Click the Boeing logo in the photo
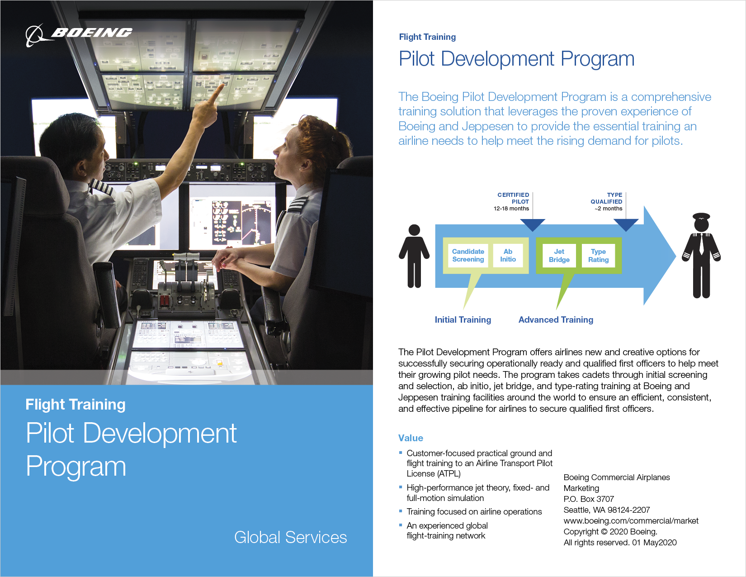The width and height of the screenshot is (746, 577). pos(79,34)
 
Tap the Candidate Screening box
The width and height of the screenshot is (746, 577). pos(468,256)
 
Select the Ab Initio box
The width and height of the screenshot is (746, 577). pos(508,256)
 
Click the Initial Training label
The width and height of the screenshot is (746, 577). pos(463,320)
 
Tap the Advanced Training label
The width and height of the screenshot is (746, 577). pos(556,320)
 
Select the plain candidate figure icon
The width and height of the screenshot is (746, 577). pos(414,256)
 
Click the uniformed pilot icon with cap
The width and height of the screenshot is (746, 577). pos(701,256)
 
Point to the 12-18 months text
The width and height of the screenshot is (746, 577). pos(511,209)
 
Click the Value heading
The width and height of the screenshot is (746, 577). pos(411,438)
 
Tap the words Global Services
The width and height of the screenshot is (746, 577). pos(290,538)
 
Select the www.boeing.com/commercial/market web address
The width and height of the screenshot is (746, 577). pos(631,521)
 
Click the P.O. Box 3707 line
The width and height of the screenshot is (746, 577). pos(589,499)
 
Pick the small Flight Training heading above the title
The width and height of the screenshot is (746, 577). pos(427,37)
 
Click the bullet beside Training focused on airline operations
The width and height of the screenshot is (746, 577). pos(401,511)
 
